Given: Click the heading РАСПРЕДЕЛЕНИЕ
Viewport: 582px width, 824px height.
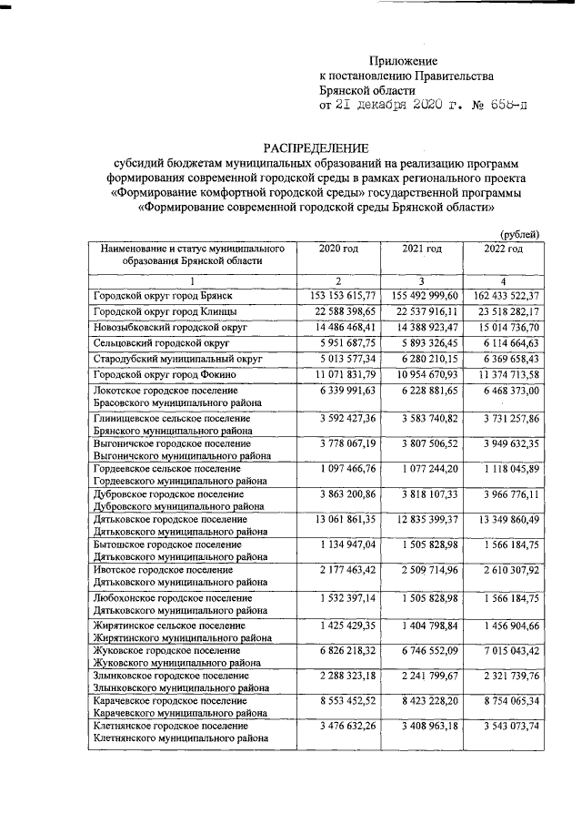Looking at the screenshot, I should tap(316, 148).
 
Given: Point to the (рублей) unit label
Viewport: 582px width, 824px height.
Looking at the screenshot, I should tap(521, 235).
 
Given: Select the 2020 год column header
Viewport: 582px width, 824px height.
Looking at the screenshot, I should tap(337, 249).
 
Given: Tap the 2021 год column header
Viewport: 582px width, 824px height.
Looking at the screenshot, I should tap(421, 249).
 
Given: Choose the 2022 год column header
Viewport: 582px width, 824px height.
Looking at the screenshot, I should tap(503, 249).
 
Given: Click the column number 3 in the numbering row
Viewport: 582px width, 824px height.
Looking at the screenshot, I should tap(421, 280).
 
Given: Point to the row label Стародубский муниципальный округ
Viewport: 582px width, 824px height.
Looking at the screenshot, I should tap(177, 359).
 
